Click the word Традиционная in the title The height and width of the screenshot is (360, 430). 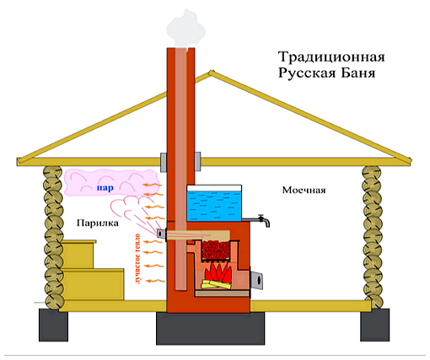coord(331,57)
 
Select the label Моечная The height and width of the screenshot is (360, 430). coord(304,190)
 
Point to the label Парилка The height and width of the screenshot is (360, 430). coord(98,223)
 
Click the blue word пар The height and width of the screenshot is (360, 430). coord(105,188)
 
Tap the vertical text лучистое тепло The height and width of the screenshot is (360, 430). coord(137,258)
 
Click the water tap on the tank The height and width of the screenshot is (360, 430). coord(263,221)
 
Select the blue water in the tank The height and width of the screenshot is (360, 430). coord(214,206)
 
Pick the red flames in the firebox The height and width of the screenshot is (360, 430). coord(219,271)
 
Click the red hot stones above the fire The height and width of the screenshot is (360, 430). coord(216,250)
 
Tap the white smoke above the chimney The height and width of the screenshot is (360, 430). coord(185,29)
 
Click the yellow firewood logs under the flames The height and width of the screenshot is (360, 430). coord(217,284)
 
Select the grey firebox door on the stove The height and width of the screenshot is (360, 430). coord(257,280)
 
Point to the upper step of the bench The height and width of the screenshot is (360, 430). coord(78,254)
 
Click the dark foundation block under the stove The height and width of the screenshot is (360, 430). coord(211,328)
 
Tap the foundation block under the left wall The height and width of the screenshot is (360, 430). coord(53,325)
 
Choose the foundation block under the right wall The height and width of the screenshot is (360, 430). coord(375,325)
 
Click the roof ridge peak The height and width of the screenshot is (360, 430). coord(210,72)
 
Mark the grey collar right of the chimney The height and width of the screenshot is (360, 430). coord(197,161)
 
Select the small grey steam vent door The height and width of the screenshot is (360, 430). coord(161,234)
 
